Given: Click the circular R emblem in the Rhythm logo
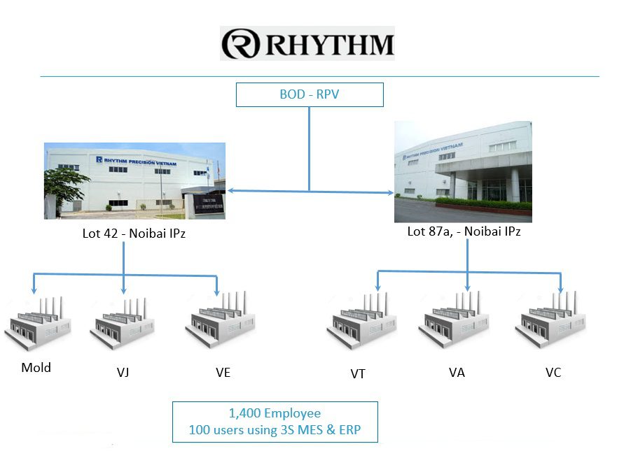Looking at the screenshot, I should (241, 43).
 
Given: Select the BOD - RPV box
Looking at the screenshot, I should (309, 94).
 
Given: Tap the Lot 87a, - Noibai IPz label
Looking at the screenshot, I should (464, 231).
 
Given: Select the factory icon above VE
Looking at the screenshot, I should (218, 324).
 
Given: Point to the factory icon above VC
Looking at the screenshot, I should (552, 323).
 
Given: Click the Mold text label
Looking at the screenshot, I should (36, 367).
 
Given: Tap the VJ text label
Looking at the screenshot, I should (123, 372).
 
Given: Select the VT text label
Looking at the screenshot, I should (358, 373).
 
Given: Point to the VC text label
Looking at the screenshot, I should (553, 372).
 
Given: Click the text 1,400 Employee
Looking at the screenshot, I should (275, 413).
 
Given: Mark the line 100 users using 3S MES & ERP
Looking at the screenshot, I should (275, 430).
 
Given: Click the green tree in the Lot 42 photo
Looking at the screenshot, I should (67, 183).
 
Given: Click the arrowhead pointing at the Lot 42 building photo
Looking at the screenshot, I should (230, 190).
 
